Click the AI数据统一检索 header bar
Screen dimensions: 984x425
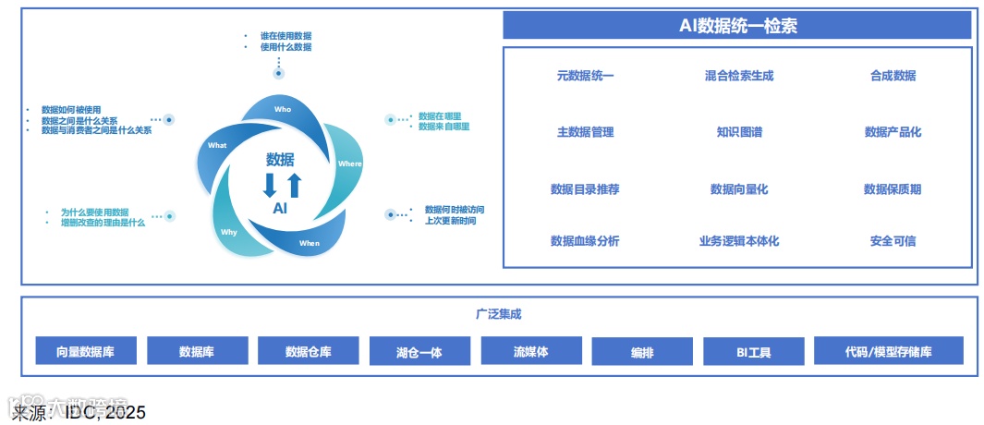point(737,26)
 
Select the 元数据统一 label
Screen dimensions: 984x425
point(585,76)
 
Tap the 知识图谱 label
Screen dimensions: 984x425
point(739,132)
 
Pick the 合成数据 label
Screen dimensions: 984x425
point(893,76)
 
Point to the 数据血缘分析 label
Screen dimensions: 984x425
point(585,241)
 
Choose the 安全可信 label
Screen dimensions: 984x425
point(893,241)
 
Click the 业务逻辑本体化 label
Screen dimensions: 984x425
point(739,241)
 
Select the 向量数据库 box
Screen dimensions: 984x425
point(87,351)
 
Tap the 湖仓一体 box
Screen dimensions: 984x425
point(419,352)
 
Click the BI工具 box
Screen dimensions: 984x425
point(753,352)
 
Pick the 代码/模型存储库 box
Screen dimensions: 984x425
point(888,351)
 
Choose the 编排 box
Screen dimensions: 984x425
point(642,352)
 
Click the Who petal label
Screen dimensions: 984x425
point(283,109)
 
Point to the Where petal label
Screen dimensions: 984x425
point(350,164)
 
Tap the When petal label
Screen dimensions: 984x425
point(309,243)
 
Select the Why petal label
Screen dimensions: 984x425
point(228,232)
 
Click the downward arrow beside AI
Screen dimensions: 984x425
point(270,185)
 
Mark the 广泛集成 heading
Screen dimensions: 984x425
point(499,314)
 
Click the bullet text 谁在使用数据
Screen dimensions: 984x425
point(285,35)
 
